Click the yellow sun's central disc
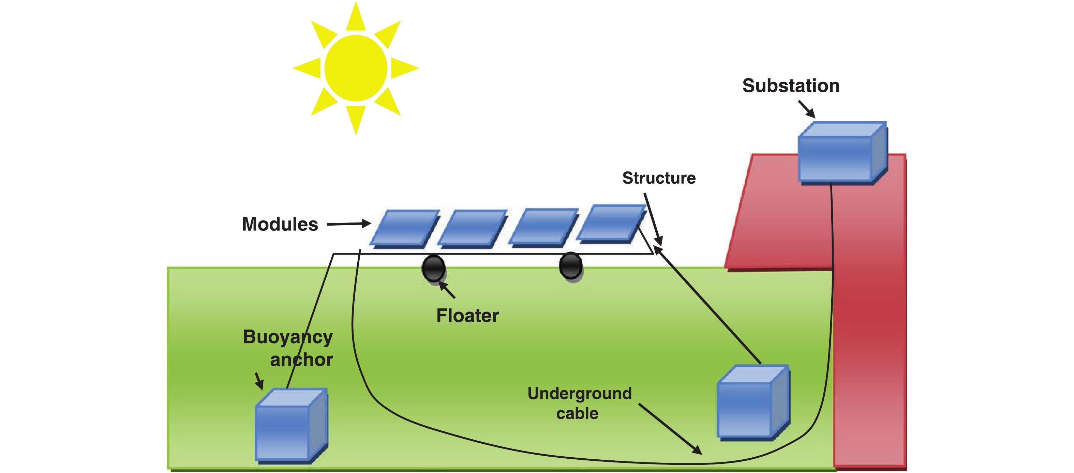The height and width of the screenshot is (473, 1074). (x=356, y=68)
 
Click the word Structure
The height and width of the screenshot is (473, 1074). (x=659, y=178)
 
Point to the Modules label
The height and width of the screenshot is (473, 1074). (x=280, y=224)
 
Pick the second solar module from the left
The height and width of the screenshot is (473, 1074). (x=473, y=228)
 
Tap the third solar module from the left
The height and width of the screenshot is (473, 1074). (x=544, y=226)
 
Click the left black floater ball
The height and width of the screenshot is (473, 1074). (x=433, y=268)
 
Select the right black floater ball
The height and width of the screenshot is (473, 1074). (x=570, y=265)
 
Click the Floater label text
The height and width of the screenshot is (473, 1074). (x=467, y=316)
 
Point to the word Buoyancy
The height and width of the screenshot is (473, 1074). (x=288, y=337)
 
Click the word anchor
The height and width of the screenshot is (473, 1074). (x=301, y=360)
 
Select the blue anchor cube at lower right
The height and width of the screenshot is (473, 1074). (x=752, y=402)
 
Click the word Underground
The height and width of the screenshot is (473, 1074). (x=579, y=393)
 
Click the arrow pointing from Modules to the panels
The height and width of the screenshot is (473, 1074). (x=348, y=224)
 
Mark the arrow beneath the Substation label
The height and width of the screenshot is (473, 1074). (x=807, y=109)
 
